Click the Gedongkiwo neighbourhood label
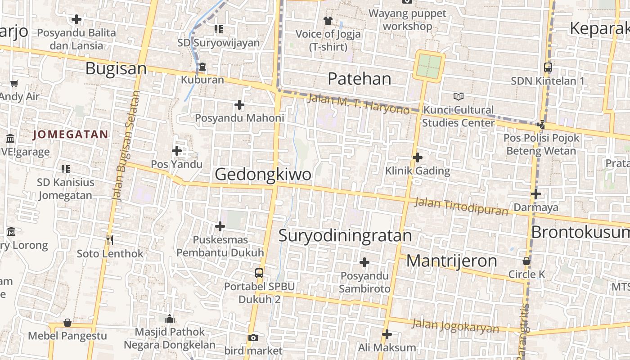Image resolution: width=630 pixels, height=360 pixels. pyautogui.click(x=263, y=174)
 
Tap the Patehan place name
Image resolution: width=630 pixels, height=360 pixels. pyautogui.click(x=359, y=79)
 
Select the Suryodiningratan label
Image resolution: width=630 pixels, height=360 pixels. pyautogui.click(x=345, y=235)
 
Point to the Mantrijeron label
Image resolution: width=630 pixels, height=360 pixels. pyautogui.click(x=451, y=261)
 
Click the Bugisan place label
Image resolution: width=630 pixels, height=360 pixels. pyautogui.click(x=116, y=69)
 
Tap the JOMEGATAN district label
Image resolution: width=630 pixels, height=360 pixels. pyautogui.click(x=71, y=134)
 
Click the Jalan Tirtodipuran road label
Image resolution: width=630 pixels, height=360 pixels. pyautogui.click(x=461, y=206)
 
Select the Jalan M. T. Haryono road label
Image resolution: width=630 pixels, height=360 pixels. pyautogui.click(x=358, y=103)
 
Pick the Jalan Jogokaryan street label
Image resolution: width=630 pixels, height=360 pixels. pyautogui.click(x=455, y=326)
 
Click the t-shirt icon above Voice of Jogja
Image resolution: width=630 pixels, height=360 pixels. pyautogui.click(x=328, y=20)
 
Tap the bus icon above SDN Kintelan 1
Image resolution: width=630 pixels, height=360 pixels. pyautogui.click(x=548, y=67)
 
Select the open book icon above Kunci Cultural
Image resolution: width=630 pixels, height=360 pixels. pyautogui.click(x=458, y=96)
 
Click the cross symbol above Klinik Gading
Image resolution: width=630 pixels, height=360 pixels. pyautogui.click(x=417, y=157)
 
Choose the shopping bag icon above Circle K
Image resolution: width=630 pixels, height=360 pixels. pyautogui.click(x=526, y=261)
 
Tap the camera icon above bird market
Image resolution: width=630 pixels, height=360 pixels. pyautogui.click(x=253, y=337)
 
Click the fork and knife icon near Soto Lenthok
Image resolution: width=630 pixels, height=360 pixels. pyautogui.click(x=109, y=240)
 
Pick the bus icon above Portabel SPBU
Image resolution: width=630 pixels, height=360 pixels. pyautogui.click(x=259, y=273)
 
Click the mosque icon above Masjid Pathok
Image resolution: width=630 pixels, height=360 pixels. pyautogui.click(x=170, y=319)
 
